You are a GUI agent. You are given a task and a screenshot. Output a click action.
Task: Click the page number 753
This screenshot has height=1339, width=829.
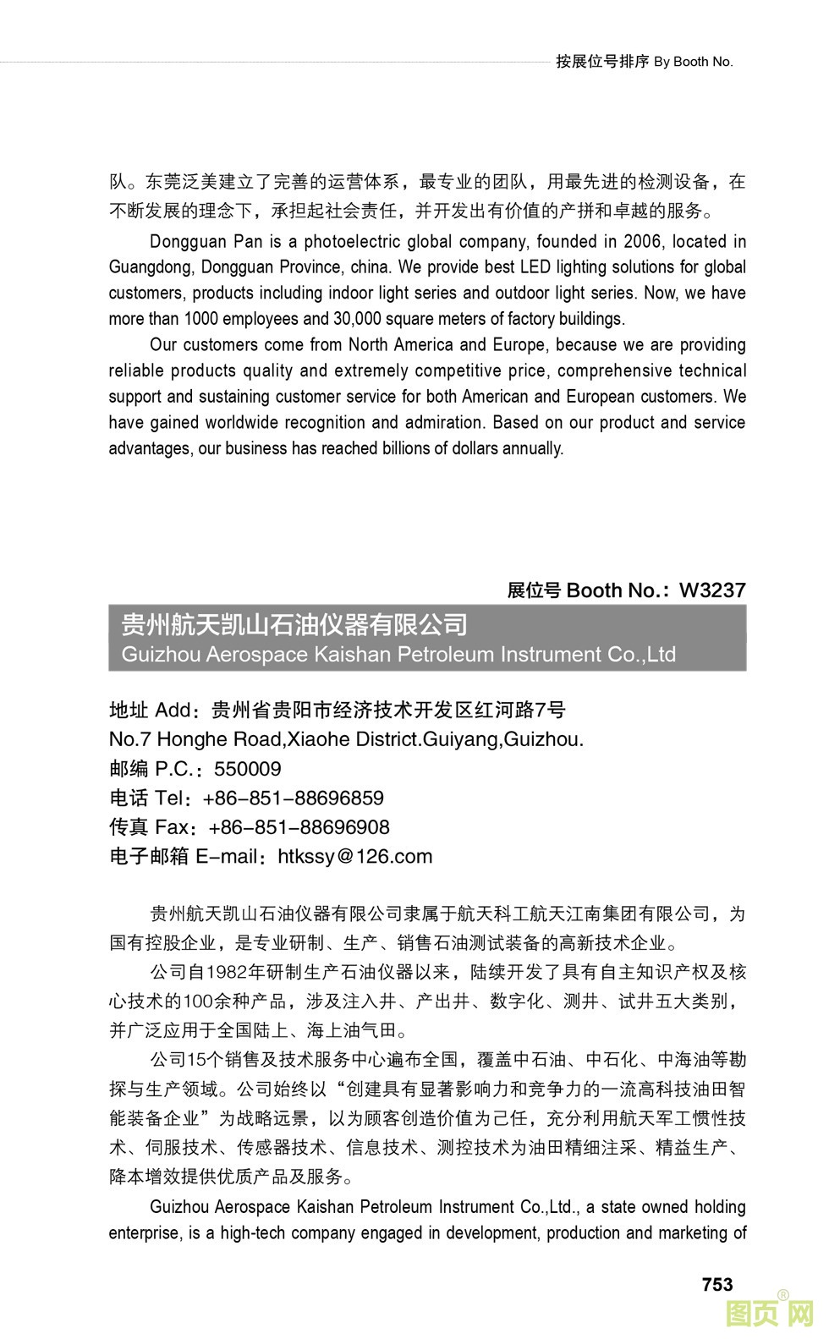pyautogui.click(x=716, y=1284)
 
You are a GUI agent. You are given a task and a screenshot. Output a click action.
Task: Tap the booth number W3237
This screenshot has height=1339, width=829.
pyautogui.click(x=712, y=590)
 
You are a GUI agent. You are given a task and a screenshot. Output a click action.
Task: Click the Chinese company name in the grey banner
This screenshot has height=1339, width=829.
pyautogui.click(x=294, y=625)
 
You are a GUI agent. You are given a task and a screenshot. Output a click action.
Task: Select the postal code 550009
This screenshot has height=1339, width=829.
pyautogui.click(x=247, y=769)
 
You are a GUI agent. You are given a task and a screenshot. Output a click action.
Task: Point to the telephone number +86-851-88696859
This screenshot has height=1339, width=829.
pyautogui.click(x=293, y=798)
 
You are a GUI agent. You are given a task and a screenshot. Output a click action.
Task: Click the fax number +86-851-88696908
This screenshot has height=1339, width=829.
pyautogui.click(x=299, y=827)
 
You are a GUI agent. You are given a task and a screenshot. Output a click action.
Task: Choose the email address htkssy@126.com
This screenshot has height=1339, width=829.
pyautogui.click(x=355, y=857)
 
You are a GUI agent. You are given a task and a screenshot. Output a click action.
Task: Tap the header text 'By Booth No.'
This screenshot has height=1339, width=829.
pyautogui.click(x=693, y=62)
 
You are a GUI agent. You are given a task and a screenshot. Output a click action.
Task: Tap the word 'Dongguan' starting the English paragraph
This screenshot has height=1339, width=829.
pyautogui.click(x=188, y=242)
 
